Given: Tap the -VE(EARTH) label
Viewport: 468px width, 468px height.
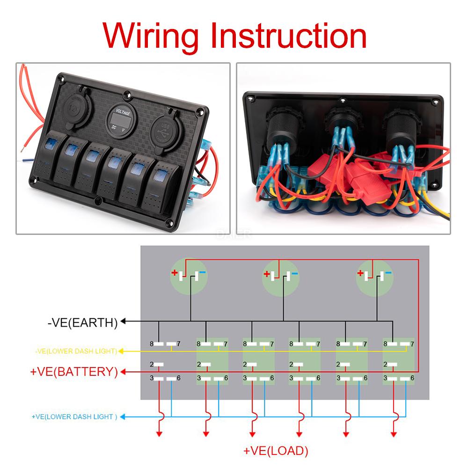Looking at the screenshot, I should point(82,322).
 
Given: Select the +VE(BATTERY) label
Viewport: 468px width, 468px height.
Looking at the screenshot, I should point(74,372).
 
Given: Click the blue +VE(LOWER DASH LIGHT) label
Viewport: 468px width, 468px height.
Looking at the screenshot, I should point(74,417).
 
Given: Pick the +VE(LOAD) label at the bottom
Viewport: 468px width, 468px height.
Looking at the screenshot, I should point(276,451).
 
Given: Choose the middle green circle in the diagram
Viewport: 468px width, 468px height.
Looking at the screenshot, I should point(280,277).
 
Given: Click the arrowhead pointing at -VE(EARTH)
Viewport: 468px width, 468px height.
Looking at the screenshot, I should point(124,322).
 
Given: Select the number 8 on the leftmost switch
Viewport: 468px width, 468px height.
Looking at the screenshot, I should point(152,344).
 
